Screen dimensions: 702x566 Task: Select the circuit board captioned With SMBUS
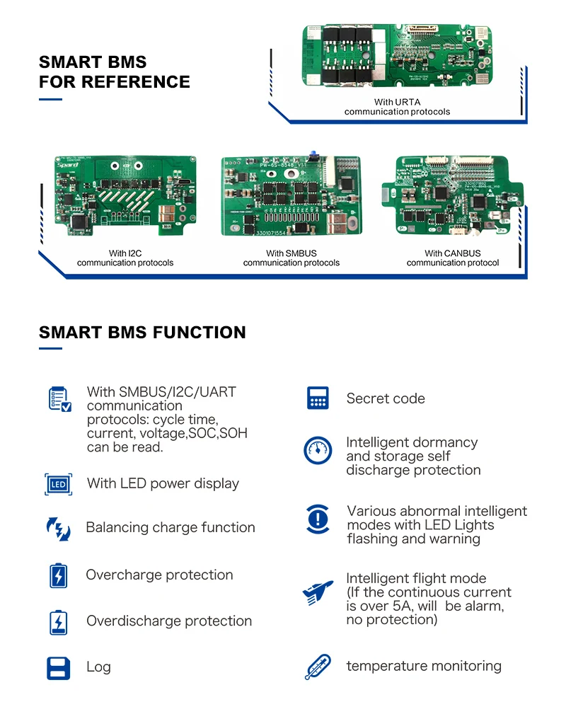[291, 196]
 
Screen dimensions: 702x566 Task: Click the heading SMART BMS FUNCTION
[142, 333]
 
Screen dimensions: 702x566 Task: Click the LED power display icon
[58, 485]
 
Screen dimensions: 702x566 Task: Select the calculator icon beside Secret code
[318, 398]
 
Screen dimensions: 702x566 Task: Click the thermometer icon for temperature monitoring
[317, 667]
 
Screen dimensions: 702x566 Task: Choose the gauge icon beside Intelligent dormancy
[318, 451]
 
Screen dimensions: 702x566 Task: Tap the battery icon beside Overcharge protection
[58, 576]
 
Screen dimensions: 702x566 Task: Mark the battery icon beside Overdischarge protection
[58, 622]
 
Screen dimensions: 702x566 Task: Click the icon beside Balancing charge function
[58, 529]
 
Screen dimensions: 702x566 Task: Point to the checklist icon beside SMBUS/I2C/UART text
[59, 399]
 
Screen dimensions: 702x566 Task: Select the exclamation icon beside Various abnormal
[318, 519]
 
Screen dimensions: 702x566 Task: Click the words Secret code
[386, 399]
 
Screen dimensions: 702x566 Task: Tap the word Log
[98, 667]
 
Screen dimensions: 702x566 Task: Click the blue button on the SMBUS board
[311, 153]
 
